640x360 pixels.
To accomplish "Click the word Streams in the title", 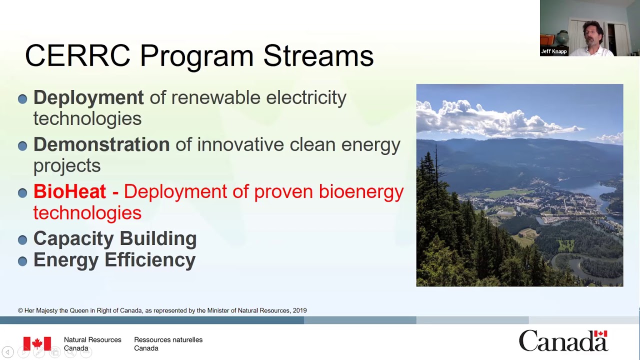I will (318, 55).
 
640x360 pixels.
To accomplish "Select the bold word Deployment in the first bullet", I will (88, 97).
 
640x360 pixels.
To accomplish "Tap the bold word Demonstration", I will (101, 144).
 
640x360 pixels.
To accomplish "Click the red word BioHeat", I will (69, 191).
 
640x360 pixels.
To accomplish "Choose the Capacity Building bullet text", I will (115, 238).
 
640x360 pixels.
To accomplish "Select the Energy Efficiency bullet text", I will (114, 260).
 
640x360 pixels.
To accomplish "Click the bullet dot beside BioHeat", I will (22, 193).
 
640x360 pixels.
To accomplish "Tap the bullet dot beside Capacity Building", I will (22, 240).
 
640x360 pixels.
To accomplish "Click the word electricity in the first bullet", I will (306, 97).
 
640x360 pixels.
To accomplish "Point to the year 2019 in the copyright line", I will (299, 310).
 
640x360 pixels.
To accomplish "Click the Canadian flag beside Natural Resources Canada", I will (37, 343).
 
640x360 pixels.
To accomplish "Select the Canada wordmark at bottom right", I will (563, 341).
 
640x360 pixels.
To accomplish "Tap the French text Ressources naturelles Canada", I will (168, 344).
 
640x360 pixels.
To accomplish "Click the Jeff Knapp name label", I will (554, 51).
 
